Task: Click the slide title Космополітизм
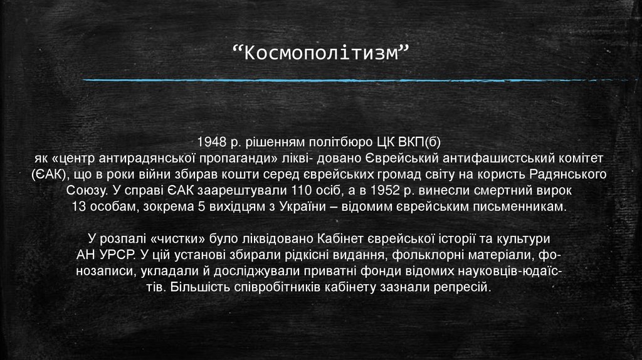[320, 55]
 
